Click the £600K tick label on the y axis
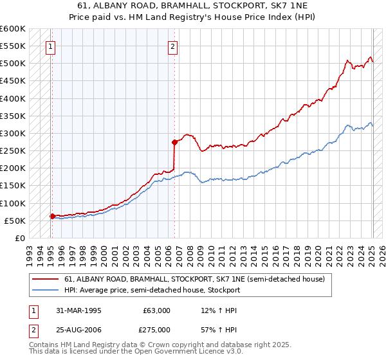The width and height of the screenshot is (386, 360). [12, 29]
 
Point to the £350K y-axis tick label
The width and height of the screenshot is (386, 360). [12, 116]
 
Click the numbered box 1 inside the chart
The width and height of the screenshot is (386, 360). [50, 46]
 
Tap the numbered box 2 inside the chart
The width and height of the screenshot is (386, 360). [173, 46]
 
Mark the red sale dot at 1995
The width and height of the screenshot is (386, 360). [52, 216]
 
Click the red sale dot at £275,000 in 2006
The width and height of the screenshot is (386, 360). [174, 141]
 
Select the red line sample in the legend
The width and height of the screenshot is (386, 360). [45, 279]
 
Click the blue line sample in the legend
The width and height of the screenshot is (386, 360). [45, 290]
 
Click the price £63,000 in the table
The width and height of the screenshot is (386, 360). [156, 310]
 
